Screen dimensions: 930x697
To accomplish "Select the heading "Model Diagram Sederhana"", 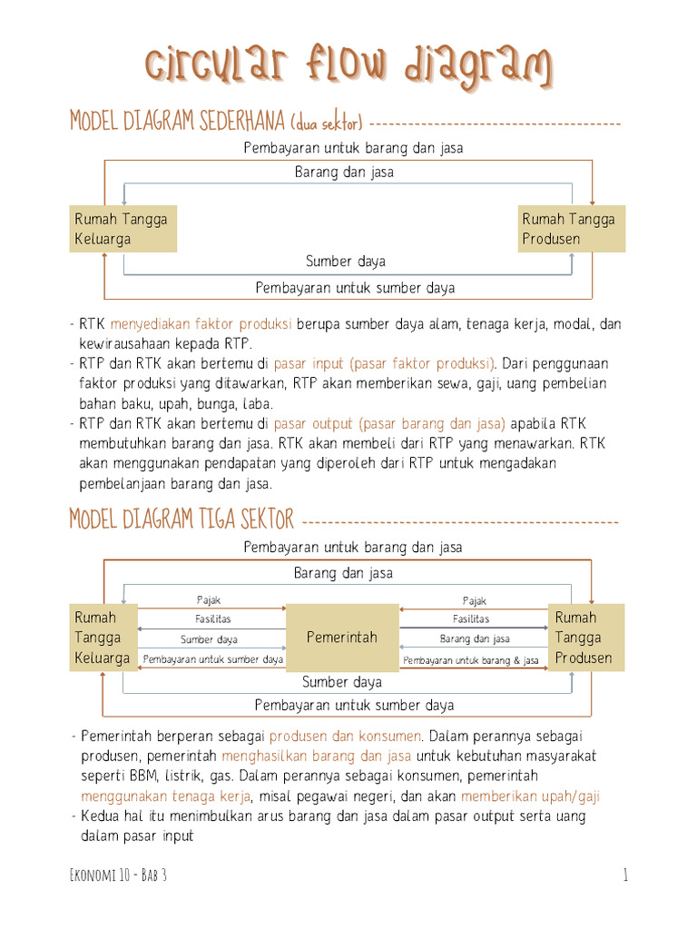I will pos(178,122).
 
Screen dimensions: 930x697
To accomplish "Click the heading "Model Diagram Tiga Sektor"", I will pos(182,519).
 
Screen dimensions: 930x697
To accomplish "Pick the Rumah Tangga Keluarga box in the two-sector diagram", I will pos(123,229).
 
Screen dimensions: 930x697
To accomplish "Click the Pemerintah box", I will pos(342,638).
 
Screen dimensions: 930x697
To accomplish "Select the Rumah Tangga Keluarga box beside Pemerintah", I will pos(103,638).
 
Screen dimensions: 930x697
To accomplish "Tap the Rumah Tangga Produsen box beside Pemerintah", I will pos(585,638).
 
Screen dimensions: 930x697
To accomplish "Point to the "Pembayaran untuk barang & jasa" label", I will pos(471,660).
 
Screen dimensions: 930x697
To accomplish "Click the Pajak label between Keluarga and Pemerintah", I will pos(210,600).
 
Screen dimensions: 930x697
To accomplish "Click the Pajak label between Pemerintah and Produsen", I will pos(475,600).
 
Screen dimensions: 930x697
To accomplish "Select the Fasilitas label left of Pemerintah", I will pos(212,619).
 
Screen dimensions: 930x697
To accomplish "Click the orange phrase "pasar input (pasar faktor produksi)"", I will pos(385,364).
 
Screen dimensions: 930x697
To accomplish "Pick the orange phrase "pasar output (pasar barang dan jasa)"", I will pos(389,424).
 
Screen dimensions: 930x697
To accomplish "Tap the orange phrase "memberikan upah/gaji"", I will pos(530,796).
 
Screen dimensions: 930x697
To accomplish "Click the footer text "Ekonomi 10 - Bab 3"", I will pos(118,876).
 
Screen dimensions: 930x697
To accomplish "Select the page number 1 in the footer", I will pos(625,876).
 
